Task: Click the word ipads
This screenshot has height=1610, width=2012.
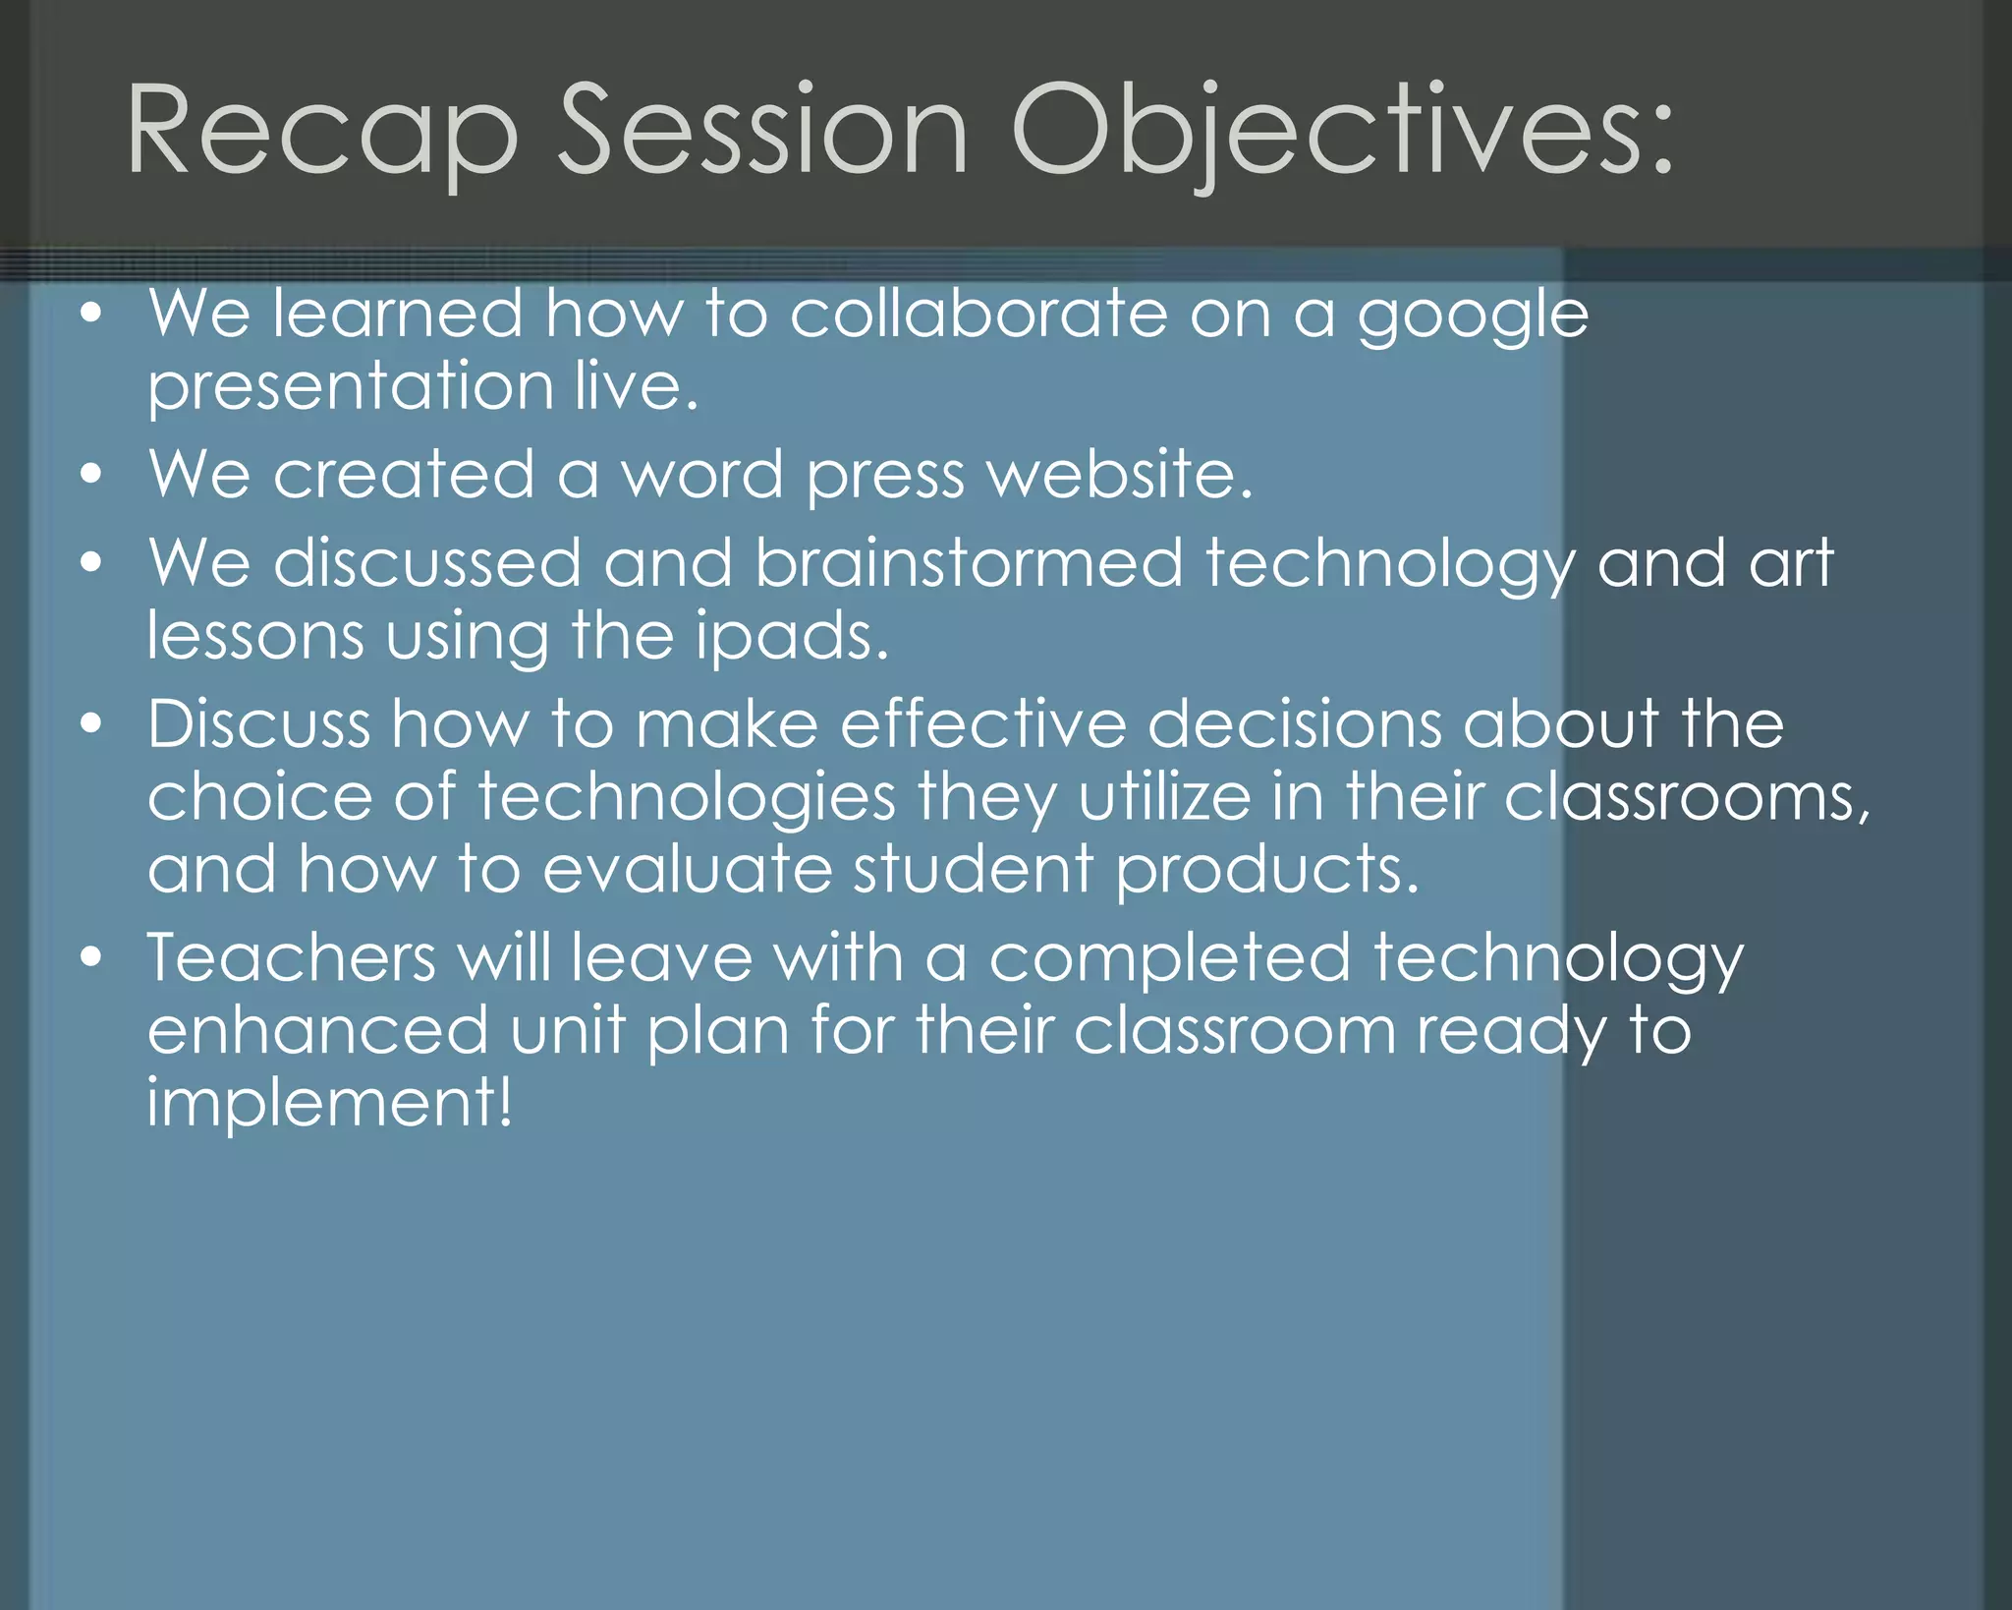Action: coord(791,636)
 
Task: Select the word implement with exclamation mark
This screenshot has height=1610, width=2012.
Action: coord(329,1103)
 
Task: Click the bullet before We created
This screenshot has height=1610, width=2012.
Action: coord(91,475)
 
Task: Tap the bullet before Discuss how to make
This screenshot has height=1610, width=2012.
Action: coord(91,724)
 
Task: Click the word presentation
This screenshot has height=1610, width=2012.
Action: coord(351,387)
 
